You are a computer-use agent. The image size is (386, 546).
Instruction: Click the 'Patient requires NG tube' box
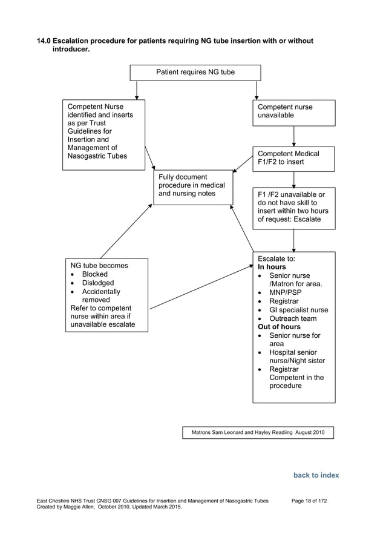(195, 73)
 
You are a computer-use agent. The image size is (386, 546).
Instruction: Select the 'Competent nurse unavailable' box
(293, 112)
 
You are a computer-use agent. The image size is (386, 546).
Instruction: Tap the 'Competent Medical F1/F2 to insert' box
(293, 158)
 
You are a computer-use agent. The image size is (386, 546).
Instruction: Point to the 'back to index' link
(316, 475)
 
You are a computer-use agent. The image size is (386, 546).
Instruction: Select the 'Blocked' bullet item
(94, 274)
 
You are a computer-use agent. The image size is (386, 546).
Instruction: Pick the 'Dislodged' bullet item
(97, 283)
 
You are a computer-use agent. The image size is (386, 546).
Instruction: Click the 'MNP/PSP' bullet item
(285, 292)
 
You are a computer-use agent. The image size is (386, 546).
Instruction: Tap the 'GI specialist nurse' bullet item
(298, 310)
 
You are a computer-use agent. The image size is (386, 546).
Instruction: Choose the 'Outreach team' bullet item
(293, 318)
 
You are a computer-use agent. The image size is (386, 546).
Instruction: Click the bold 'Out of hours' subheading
(280, 327)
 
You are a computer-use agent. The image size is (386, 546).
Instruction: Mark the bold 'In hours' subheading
(272, 267)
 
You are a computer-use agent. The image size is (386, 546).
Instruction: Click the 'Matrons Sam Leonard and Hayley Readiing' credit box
(258, 433)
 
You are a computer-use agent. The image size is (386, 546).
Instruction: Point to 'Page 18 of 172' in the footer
(309, 501)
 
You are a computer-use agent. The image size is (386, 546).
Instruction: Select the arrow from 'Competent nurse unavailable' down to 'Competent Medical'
(294, 136)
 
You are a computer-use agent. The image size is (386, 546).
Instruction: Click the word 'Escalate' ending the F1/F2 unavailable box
(307, 220)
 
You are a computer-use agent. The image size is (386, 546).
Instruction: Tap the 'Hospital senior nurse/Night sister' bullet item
(296, 357)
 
